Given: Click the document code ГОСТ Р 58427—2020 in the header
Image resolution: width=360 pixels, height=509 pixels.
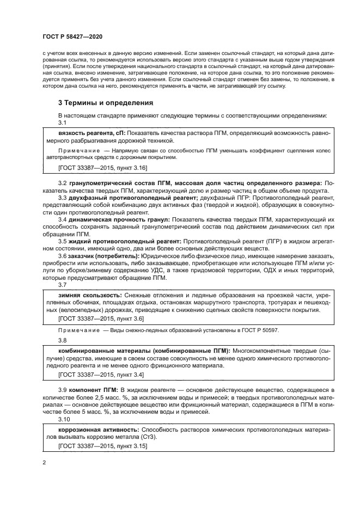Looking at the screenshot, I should click(72, 36).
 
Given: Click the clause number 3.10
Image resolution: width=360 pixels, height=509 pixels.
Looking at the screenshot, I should click(64, 419).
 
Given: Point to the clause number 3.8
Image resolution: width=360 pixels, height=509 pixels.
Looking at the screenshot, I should click(63, 341).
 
